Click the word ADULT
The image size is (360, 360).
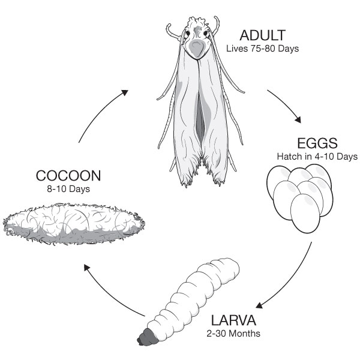coord(262,35)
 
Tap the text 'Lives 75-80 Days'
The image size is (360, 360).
coord(262,49)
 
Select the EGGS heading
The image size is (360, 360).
coord(317,143)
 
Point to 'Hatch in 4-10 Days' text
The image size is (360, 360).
coord(317,157)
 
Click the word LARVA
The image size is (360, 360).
coord(233,320)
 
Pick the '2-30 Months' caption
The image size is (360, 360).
coord(233,334)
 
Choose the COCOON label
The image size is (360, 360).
coord(68,176)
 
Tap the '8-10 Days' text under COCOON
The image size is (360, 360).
coord(68,189)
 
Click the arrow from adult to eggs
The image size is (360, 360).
coord(286,104)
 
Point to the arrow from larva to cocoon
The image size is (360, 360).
coord(110,295)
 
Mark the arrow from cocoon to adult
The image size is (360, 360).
coord(99,113)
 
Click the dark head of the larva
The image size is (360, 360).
coord(148,337)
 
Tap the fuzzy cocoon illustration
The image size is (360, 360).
coord(74,223)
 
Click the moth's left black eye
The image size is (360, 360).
coord(188,33)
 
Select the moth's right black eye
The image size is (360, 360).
coord(206,34)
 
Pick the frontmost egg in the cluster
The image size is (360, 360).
coord(305,214)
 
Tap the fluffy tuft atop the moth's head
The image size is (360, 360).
coord(198,23)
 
